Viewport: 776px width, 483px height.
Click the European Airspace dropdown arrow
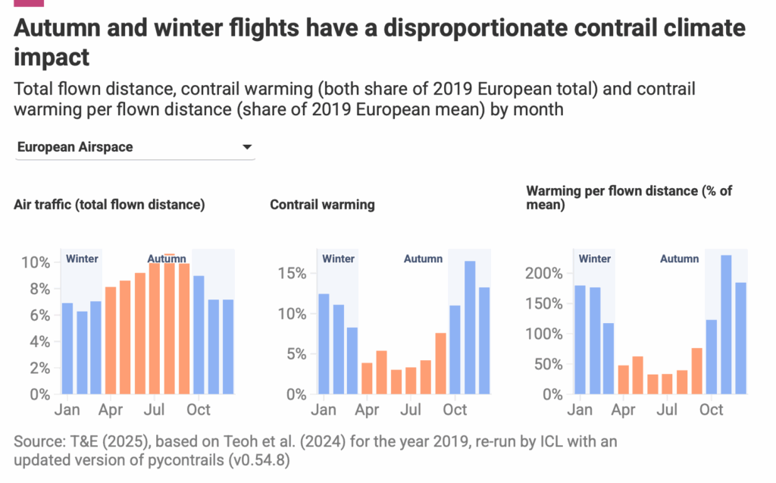click(x=247, y=148)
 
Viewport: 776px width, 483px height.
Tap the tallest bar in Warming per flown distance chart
click(x=726, y=325)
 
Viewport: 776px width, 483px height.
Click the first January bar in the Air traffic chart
click(x=67, y=348)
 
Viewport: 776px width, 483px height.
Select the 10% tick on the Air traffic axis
click(x=36, y=262)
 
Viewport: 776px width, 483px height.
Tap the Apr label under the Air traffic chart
click(x=111, y=410)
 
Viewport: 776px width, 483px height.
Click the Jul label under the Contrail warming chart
click(x=411, y=410)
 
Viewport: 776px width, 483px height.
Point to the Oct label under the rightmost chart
click(x=711, y=410)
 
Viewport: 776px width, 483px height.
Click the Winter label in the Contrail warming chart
click(x=338, y=259)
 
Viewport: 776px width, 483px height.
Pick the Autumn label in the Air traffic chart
click(x=167, y=259)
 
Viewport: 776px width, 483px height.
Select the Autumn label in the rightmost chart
click(x=679, y=259)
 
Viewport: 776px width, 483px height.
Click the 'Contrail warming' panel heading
click(x=322, y=205)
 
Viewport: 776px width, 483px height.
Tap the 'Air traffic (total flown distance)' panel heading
click(x=109, y=205)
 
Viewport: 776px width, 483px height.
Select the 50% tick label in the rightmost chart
click(x=551, y=364)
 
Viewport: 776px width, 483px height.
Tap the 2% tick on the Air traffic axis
click(x=39, y=369)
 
